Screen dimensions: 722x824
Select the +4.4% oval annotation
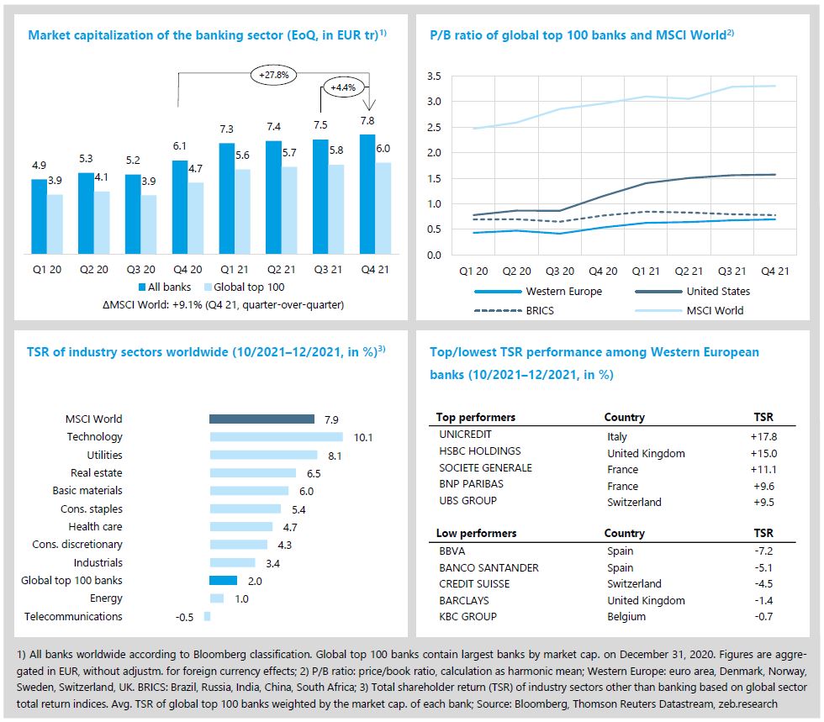pyautogui.click(x=343, y=87)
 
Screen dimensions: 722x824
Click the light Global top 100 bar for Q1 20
pyautogui.click(x=55, y=224)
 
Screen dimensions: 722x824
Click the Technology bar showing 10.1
pyautogui.click(x=276, y=437)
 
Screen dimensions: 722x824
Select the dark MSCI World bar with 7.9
pyautogui.click(x=261, y=419)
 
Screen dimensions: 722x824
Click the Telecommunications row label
pyautogui.click(x=73, y=617)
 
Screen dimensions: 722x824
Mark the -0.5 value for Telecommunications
pyautogui.click(x=184, y=617)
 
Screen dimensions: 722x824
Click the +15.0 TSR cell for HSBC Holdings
pyautogui.click(x=763, y=453)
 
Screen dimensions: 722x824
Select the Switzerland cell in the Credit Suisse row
pyautogui.click(x=634, y=584)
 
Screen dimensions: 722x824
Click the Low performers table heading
pyautogui.click(x=477, y=534)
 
